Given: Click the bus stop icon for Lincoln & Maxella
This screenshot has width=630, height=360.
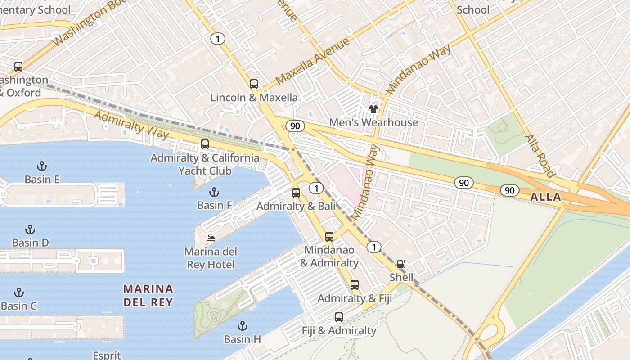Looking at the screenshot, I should (254, 84).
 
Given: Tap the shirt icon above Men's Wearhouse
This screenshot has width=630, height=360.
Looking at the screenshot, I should (373, 109).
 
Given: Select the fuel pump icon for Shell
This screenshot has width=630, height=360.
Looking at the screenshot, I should (401, 264).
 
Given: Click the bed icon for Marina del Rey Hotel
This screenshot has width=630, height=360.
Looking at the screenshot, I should (211, 238).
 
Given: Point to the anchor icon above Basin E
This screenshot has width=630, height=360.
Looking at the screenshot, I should (42, 166).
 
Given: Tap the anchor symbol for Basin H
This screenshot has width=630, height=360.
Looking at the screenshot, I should (243, 325).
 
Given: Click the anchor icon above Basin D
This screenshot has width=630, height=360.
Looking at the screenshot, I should (30, 229).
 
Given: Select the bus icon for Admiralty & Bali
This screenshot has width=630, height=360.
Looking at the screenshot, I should (296, 193).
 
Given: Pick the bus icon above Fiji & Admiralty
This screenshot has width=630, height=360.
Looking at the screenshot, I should (339, 317).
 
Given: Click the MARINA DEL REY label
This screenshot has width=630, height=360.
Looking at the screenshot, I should (148, 295).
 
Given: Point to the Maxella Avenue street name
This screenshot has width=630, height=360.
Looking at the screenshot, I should (312, 62).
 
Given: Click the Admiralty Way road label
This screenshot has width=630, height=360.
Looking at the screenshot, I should (131, 125).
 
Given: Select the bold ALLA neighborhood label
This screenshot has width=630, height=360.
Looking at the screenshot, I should (546, 197).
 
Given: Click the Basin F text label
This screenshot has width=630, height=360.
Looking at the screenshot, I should (215, 205).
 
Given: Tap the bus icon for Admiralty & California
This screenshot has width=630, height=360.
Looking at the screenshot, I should (205, 144).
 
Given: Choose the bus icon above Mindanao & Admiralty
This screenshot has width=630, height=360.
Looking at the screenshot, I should (329, 237).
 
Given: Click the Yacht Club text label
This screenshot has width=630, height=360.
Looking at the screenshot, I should (205, 171).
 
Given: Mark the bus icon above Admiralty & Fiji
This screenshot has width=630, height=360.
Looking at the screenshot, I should (355, 284).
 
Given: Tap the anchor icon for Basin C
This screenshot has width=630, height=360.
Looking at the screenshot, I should (19, 292).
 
